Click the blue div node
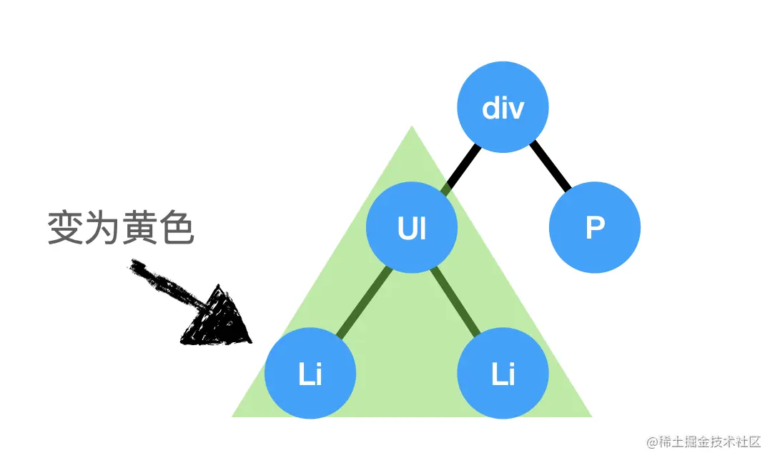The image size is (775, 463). point(503,108)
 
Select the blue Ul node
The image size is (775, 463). point(411,228)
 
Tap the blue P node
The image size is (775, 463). point(594,228)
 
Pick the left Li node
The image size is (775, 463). point(310,373)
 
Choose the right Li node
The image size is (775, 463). point(503,373)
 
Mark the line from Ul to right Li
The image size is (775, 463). point(455,300)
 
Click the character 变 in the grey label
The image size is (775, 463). point(64,229)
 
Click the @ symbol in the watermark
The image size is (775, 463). point(652,443)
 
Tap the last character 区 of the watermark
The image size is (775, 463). point(755,443)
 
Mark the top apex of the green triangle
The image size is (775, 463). point(411,129)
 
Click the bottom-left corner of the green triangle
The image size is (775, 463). point(235,414)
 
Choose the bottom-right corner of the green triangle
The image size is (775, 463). point(590,414)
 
